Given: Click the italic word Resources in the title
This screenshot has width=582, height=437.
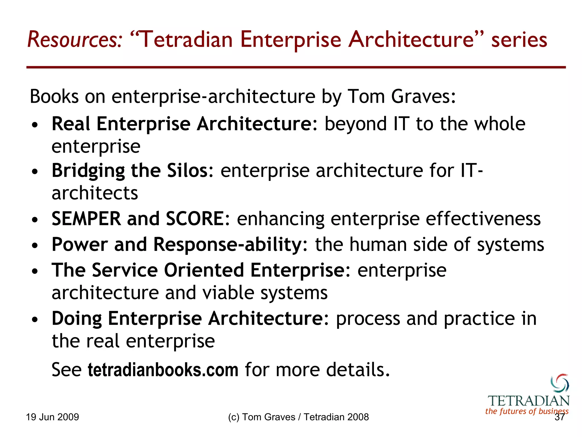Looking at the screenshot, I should (74, 40).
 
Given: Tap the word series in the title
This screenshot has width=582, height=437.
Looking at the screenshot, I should (519, 40).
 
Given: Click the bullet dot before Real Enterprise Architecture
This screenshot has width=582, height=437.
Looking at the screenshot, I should (35, 125).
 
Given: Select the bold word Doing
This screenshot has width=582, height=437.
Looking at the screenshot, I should (77, 318).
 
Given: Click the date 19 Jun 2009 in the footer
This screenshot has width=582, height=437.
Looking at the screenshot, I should (52, 417).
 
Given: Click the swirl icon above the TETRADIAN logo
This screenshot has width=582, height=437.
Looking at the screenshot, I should (560, 383).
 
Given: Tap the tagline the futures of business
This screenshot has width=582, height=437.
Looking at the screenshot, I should (527, 411).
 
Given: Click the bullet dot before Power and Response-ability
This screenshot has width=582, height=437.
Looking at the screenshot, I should (35, 246).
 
